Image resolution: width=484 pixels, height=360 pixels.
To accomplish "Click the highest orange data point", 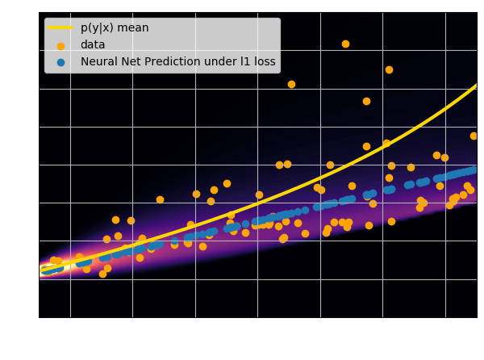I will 345,44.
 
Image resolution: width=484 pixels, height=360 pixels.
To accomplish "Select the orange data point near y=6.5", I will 389,69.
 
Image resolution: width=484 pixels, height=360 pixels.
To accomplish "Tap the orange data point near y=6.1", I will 291,84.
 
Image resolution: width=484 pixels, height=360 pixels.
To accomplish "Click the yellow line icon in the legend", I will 60,27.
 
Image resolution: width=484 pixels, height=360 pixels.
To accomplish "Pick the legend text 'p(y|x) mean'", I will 115,27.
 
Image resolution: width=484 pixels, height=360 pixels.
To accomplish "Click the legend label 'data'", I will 93,44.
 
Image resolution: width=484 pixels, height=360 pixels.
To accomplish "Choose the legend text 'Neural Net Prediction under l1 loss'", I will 177,61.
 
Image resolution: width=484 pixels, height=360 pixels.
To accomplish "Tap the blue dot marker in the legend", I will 60,61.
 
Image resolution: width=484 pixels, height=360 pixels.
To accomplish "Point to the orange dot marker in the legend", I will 60,44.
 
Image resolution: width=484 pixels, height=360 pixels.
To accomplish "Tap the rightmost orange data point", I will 474,136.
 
